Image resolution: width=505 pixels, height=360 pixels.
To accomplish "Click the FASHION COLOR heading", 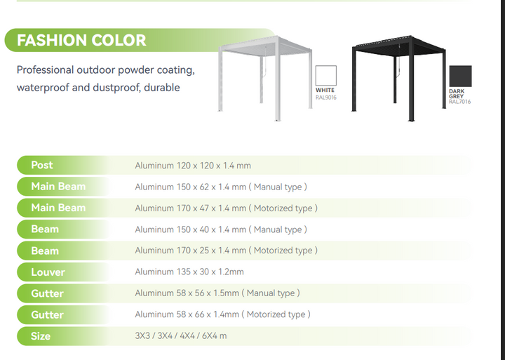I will click(x=81, y=40).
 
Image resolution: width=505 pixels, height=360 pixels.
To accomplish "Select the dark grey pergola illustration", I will click(x=398, y=77).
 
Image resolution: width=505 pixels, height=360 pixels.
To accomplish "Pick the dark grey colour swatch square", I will click(x=460, y=76).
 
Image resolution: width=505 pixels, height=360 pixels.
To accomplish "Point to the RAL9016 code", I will click(x=326, y=96).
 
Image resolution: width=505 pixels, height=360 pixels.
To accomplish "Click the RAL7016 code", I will click(x=460, y=102).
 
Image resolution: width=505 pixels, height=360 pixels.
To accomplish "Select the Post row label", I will click(x=42, y=165).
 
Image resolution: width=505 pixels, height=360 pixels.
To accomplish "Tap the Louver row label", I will click(x=48, y=272).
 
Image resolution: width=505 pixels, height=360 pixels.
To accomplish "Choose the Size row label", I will click(x=41, y=336).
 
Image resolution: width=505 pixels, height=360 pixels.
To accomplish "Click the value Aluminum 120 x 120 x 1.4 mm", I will click(x=193, y=166).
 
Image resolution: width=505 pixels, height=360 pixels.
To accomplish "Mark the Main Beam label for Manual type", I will click(x=58, y=187).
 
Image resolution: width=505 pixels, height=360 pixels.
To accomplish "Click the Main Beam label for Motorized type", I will click(x=58, y=208).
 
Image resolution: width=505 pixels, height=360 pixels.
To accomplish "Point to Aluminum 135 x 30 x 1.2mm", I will click(x=189, y=272).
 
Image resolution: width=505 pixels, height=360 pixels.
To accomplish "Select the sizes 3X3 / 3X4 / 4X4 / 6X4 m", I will click(x=180, y=336).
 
